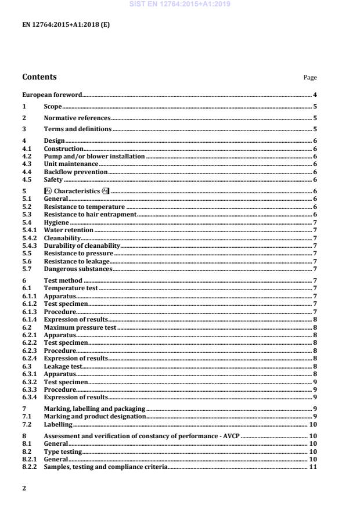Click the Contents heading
tap(39, 77)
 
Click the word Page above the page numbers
tap(310, 78)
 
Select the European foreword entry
tap(52, 95)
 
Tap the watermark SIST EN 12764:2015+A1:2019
tap(180, 4)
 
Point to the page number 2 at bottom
tap(24, 488)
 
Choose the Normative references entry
tap(77, 118)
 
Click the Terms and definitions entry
tap(78, 129)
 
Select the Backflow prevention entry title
tap(75, 172)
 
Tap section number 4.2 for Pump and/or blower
tap(27, 157)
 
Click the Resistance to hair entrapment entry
tap(90, 215)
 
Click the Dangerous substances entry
tap(78, 269)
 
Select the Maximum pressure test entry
tap(80, 327)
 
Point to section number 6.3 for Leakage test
tap(27, 366)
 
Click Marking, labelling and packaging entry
tap(94, 409)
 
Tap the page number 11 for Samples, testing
tap(312, 467)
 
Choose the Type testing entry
tap(63, 452)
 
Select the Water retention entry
tap(69, 230)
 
